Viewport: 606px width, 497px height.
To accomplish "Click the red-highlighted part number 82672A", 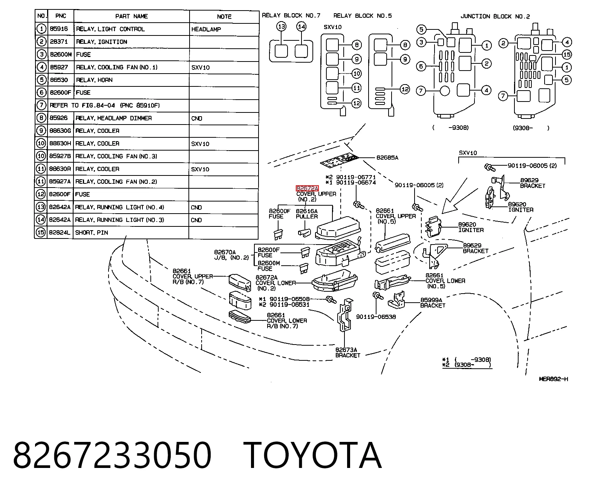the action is pyautogui.click(x=307, y=188).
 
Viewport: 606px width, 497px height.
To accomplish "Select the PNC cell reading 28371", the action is pyautogui.click(x=59, y=42).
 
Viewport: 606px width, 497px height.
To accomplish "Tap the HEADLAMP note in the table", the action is pyautogui.click(x=206, y=29).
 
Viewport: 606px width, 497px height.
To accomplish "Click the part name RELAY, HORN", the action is pyautogui.click(x=94, y=80).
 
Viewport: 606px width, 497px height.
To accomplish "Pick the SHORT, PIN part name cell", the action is pyautogui.click(x=92, y=232).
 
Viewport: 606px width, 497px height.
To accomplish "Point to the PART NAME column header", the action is pyautogui.click(x=132, y=16).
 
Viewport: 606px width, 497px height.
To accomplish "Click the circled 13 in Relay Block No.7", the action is pyautogui.click(x=281, y=27).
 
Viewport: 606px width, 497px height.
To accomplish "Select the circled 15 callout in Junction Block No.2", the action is pyautogui.click(x=567, y=54).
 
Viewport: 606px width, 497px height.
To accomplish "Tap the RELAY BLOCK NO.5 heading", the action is pyautogui.click(x=362, y=16).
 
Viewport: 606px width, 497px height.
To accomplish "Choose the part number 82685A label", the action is pyautogui.click(x=387, y=158).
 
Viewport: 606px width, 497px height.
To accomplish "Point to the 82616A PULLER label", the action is pyautogui.click(x=307, y=214).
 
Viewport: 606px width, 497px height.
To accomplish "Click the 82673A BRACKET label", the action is pyautogui.click(x=348, y=352).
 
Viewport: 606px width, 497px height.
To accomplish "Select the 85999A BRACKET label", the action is pyautogui.click(x=433, y=303).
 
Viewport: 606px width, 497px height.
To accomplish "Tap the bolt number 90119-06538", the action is pyautogui.click(x=376, y=317).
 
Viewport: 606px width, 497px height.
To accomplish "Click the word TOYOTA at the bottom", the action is pyautogui.click(x=312, y=455).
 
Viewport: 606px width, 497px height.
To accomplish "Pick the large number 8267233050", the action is pyautogui.click(x=112, y=455).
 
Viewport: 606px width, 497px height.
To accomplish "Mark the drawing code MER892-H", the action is pyautogui.click(x=553, y=379).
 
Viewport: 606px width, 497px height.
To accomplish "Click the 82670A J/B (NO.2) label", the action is pyautogui.click(x=231, y=255).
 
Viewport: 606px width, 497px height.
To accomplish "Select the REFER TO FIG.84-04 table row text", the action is pyautogui.click(x=105, y=105).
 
